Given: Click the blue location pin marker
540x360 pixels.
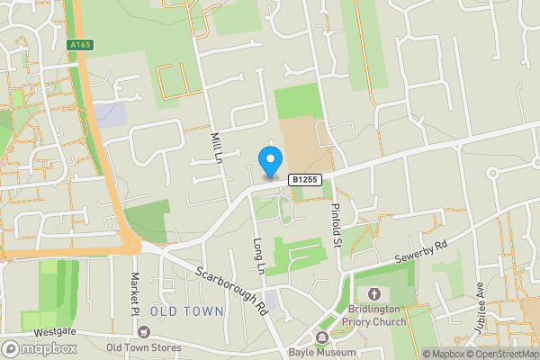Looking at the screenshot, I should tap(269, 162).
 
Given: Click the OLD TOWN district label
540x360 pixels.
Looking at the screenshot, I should tap(187, 311).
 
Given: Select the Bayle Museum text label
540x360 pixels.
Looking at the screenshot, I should tap(321, 352).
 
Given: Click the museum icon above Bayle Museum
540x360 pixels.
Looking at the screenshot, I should tap(321, 336).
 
